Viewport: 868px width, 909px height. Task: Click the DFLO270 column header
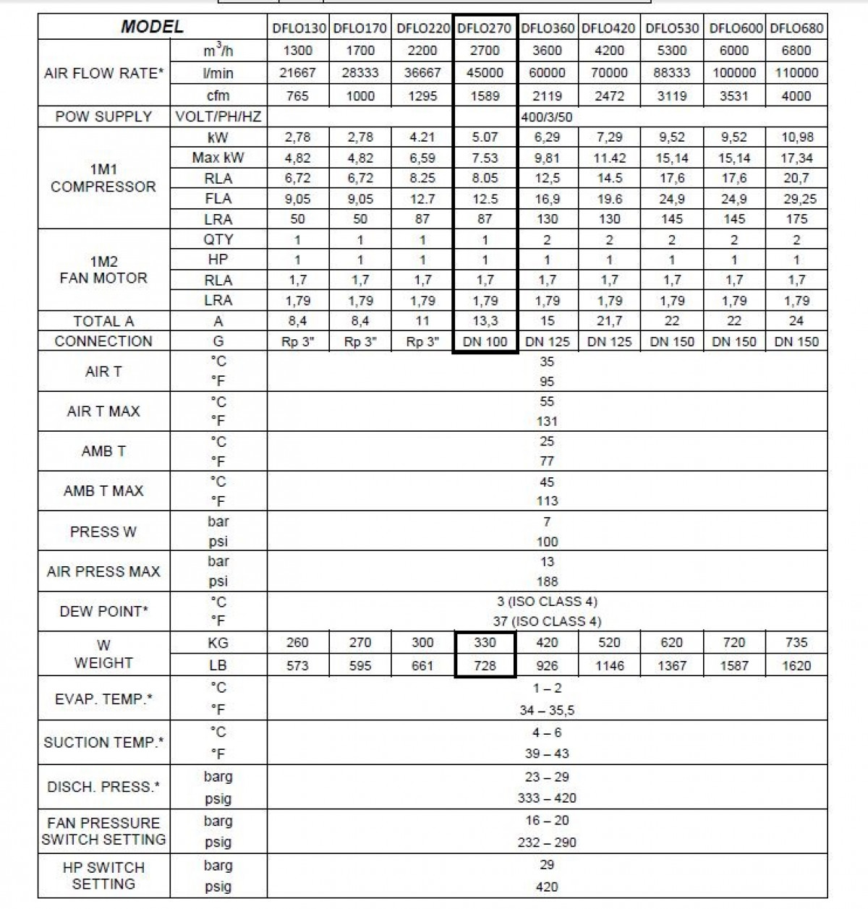tap(485, 29)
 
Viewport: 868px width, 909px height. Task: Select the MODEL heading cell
tap(152, 27)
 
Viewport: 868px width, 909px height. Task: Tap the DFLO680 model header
tap(796, 29)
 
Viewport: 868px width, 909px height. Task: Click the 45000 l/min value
tap(485, 73)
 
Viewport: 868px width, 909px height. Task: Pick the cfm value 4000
tap(796, 95)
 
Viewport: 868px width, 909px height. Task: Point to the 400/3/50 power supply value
tap(547, 116)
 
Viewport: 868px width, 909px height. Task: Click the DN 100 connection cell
tap(485, 342)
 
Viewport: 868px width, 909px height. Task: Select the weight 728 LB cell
tap(485, 665)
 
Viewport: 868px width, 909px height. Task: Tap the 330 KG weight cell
tap(485, 643)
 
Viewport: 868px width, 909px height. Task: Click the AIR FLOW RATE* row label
tap(103, 73)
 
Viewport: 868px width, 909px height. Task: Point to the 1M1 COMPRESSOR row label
tap(103, 178)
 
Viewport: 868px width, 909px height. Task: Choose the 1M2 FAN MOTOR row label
tap(103, 270)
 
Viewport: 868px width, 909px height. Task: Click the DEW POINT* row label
tap(103, 611)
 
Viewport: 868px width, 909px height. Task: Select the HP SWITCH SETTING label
tap(103, 875)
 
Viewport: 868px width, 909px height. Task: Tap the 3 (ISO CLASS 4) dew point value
tap(547, 602)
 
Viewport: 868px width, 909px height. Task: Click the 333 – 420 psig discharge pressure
tap(547, 798)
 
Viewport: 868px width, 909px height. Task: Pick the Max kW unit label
tap(218, 158)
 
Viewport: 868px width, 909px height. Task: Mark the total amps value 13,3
tap(485, 321)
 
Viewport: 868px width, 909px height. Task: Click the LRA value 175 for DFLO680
tap(796, 219)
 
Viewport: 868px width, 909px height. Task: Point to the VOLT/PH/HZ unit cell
tap(218, 116)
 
